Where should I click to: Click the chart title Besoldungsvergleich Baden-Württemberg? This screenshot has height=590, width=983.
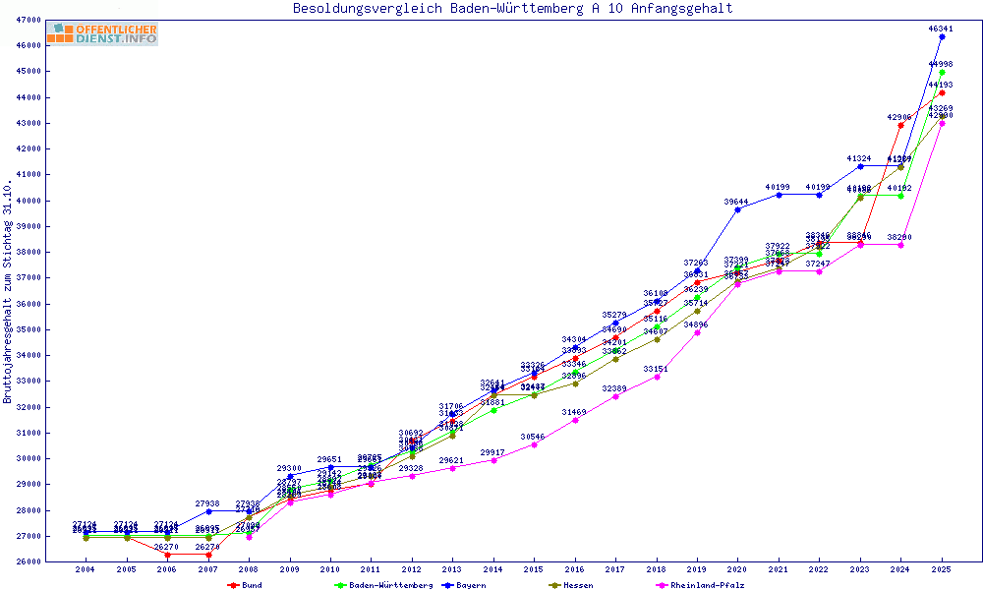512,9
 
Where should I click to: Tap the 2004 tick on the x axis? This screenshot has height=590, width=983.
86,569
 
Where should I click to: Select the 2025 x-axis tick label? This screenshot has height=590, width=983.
942,569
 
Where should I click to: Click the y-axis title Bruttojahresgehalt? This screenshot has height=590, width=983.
8,291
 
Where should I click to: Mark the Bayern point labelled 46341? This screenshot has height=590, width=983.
942,36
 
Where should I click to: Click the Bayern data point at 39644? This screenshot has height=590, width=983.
737,209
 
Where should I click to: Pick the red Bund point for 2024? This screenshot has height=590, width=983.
900,125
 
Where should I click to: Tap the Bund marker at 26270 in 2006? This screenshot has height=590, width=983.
167,555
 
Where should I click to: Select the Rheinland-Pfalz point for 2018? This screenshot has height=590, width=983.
656,377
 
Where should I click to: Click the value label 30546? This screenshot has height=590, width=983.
533,437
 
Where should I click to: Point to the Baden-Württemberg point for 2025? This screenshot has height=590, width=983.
942,72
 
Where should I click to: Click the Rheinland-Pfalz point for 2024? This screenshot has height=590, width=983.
900,245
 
